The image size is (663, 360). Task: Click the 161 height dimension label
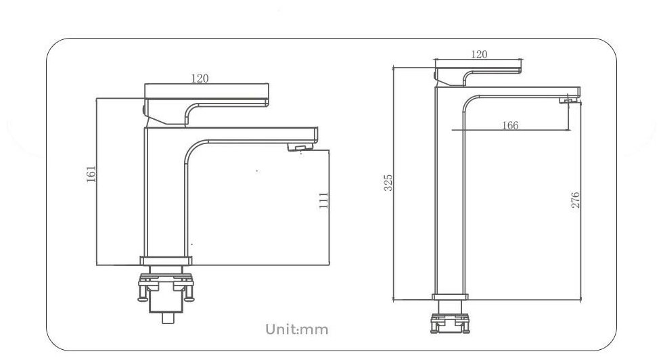pyautogui.click(x=91, y=175)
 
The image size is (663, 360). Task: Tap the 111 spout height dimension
pyautogui.click(x=324, y=200)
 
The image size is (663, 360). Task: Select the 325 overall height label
pyautogui.click(x=388, y=182)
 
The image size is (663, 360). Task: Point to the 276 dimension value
pyautogui.click(x=576, y=200)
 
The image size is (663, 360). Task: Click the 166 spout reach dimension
pyautogui.click(x=510, y=125)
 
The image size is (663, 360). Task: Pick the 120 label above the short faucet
pyautogui.click(x=200, y=78)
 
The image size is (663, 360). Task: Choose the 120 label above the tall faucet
pyautogui.click(x=479, y=54)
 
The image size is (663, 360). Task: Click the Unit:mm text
pyautogui.click(x=297, y=330)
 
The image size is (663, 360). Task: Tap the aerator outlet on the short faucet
pyautogui.click(x=300, y=147)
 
